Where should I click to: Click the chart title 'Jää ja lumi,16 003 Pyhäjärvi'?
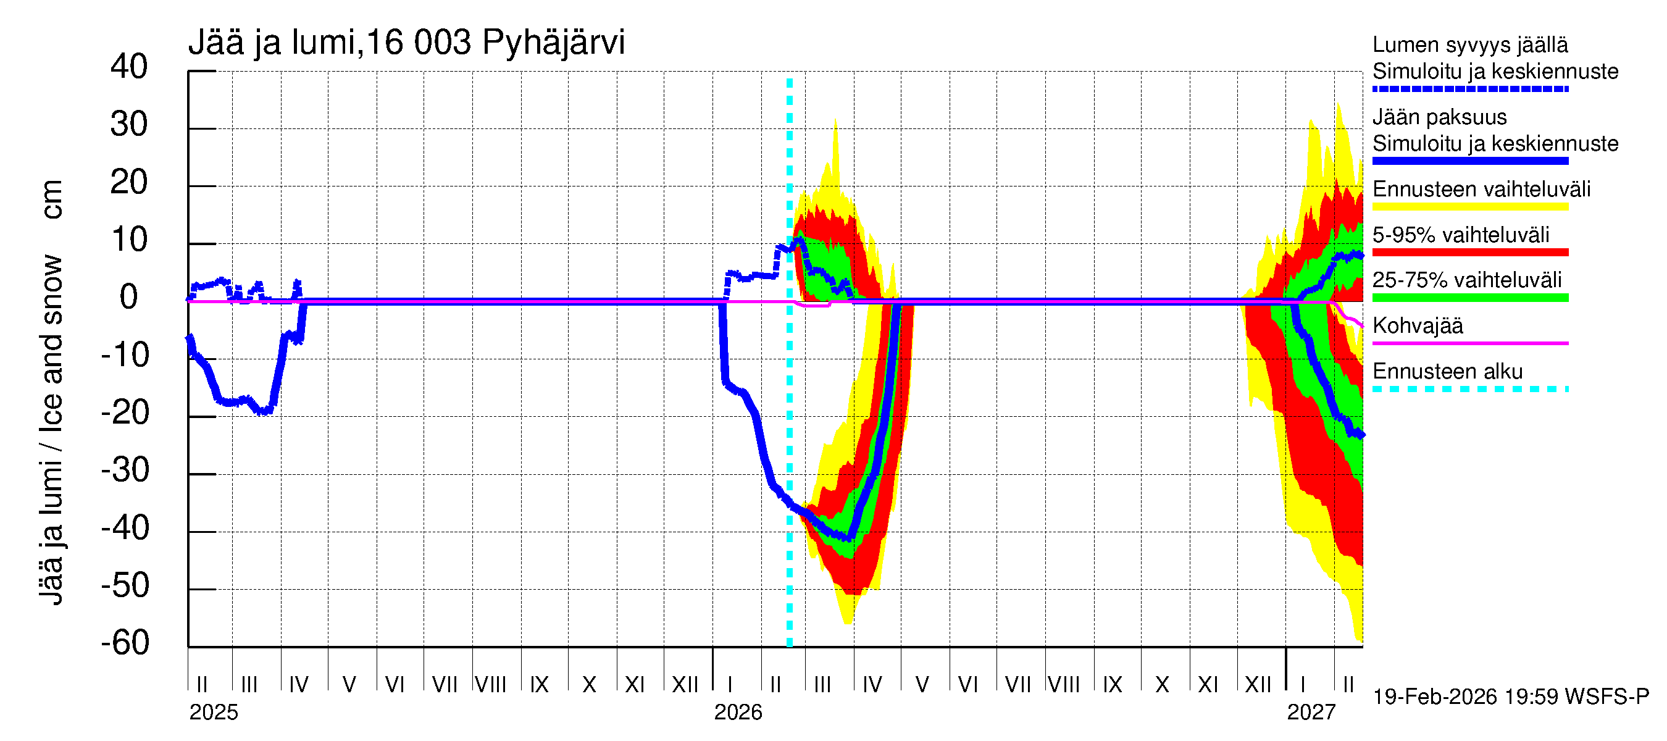[x=406, y=43]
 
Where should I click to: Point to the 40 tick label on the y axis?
[x=129, y=67]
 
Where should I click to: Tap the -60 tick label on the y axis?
[x=125, y=643]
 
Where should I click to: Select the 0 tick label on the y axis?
[x=129, y=297]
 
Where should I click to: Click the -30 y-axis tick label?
[x=125, y=470]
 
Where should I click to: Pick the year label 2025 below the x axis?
[x=214, y=713]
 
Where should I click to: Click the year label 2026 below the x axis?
[x=738, y=713]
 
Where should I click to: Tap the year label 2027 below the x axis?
[x=1311, y=713]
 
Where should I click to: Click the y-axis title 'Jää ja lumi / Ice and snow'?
[x=51, y=430]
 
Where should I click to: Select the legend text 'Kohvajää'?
[x=1417, y=325]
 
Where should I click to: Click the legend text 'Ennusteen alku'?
[x=1448, y=372]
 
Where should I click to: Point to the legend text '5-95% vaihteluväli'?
[x=1461, y=234]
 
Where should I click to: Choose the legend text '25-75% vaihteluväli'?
[x=1467, y=280]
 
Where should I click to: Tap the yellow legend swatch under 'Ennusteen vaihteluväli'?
[x=1470, y=206]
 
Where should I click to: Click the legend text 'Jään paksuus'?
[x=1440, y=117]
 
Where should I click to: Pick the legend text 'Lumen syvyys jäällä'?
[x=1470, y=44]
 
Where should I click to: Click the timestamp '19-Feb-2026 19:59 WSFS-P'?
[x=1511, y=697]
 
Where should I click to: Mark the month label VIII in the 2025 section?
[x=490, y=684]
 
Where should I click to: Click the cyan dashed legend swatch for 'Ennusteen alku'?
[x=1470, y=389]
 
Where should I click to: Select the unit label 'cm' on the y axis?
[x=52, y=199]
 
